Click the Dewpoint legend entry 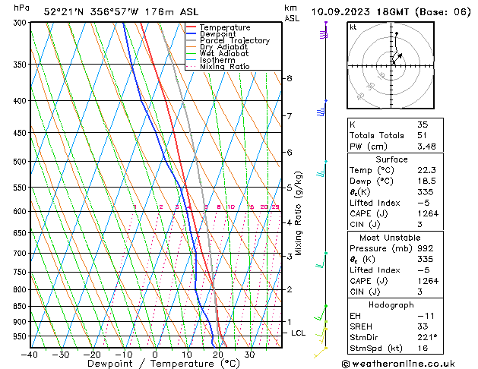pos(220,34)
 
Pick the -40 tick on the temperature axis pos(30,355)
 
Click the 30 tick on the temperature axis pos(249,355)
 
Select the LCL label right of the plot pos(299,333)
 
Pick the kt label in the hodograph pos(353,27)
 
